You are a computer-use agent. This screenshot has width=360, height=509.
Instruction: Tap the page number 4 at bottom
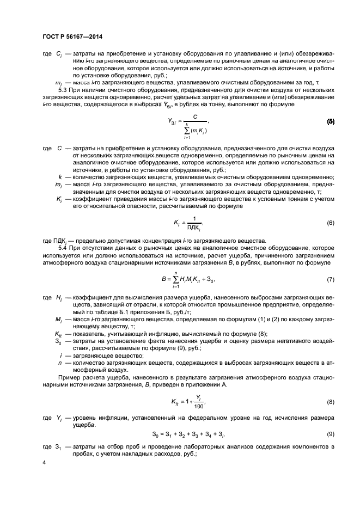click(44, 462)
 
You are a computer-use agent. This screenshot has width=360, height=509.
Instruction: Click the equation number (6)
click(330, 223)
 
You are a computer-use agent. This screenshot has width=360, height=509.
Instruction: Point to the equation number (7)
click(330, 279)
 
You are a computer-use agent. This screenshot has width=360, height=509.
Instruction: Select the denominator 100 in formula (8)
click(199, 407)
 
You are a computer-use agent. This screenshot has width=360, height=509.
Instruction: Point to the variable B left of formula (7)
click(163, 280)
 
